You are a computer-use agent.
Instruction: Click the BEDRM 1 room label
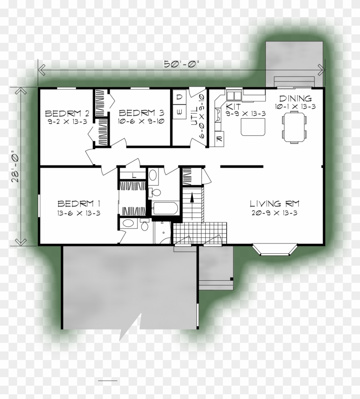point(79,203)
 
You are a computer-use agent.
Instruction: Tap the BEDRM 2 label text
point(67,114)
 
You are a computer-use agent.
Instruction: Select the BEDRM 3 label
point(141,113)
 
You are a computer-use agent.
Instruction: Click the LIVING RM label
point(274,204)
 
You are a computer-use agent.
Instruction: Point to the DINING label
point(295,98)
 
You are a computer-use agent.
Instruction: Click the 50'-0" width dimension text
point(182,65)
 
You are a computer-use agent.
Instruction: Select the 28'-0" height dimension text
point(15,166)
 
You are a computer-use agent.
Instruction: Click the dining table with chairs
point(295,126)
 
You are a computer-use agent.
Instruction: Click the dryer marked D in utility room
point(180,98)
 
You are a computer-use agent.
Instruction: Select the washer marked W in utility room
point(180,112)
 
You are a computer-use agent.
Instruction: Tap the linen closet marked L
point(133,175)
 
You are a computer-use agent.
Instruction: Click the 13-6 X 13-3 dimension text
point(79,213)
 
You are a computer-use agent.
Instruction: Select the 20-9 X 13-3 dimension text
point(274,213)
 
